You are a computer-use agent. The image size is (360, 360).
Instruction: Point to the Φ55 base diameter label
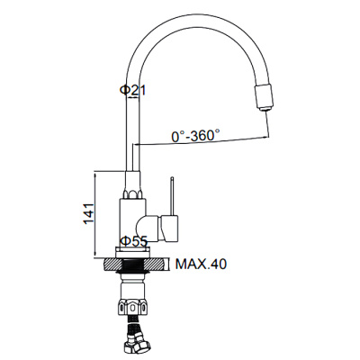[x=134, y=242]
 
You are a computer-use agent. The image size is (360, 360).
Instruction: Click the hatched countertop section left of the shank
[x=112, y=265]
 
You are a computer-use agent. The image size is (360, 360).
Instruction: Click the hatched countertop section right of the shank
[x=156, y=265]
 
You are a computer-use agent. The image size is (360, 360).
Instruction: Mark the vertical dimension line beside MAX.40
[x=170, y=265]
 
